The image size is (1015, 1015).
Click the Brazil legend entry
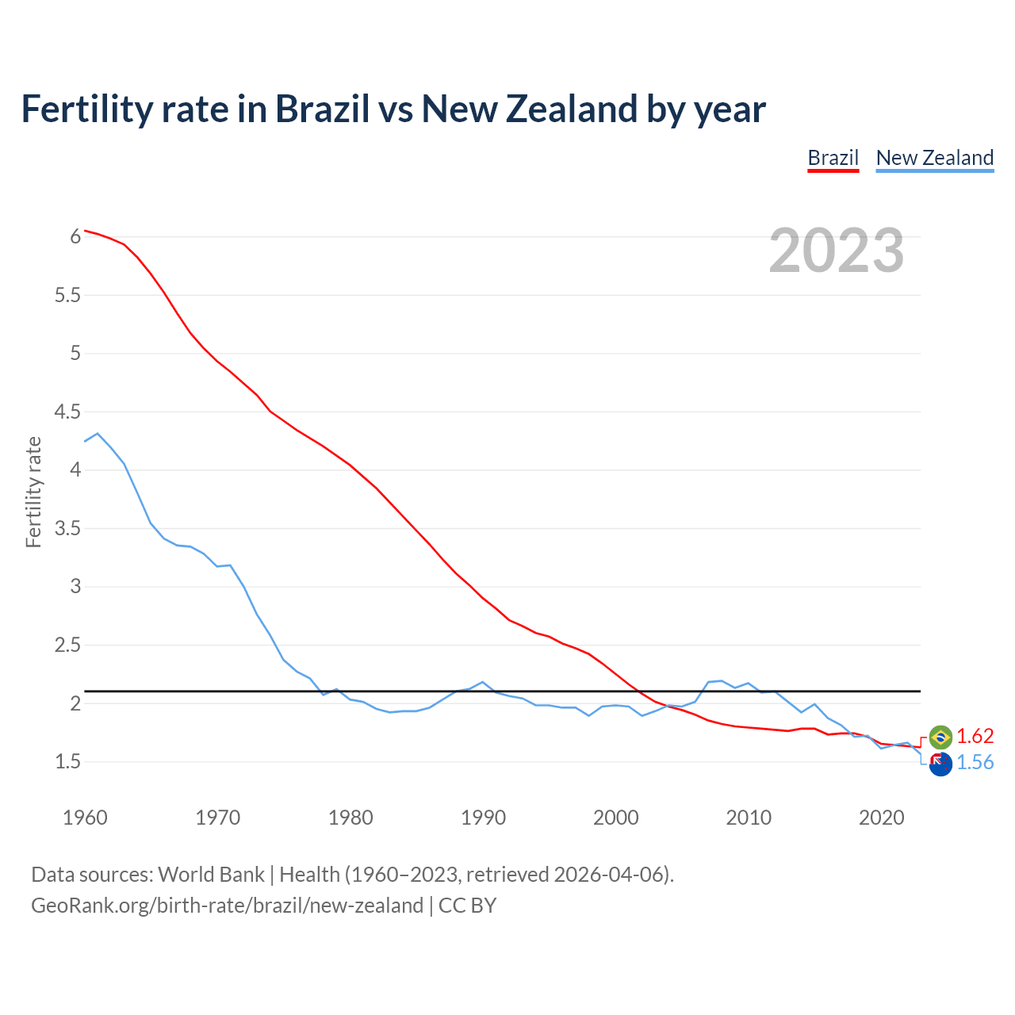pos(833,158)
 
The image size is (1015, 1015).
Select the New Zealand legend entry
pos(934,158)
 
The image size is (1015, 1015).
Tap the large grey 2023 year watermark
pos(836,251)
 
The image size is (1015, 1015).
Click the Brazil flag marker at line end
pos(940,737)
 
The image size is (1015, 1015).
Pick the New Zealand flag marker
pos(940,764)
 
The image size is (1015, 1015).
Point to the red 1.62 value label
pos(975,736)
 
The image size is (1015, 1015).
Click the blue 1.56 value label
pos(975,763)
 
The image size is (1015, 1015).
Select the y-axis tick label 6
pos(75,236)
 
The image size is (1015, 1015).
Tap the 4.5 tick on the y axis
pos(67,412)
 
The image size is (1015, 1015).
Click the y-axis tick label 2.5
pos(67,645)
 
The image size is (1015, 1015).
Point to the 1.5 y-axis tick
pos(67,762)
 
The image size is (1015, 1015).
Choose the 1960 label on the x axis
pos(85,818)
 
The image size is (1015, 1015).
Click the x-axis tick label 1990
pos(483,818)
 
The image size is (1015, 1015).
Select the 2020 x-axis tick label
pos(881,818)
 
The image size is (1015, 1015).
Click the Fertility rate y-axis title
pos(33,492)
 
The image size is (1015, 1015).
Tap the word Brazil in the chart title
pos(322,109)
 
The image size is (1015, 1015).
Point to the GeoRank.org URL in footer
pos(227,906)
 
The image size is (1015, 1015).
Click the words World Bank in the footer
pos(211,875)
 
